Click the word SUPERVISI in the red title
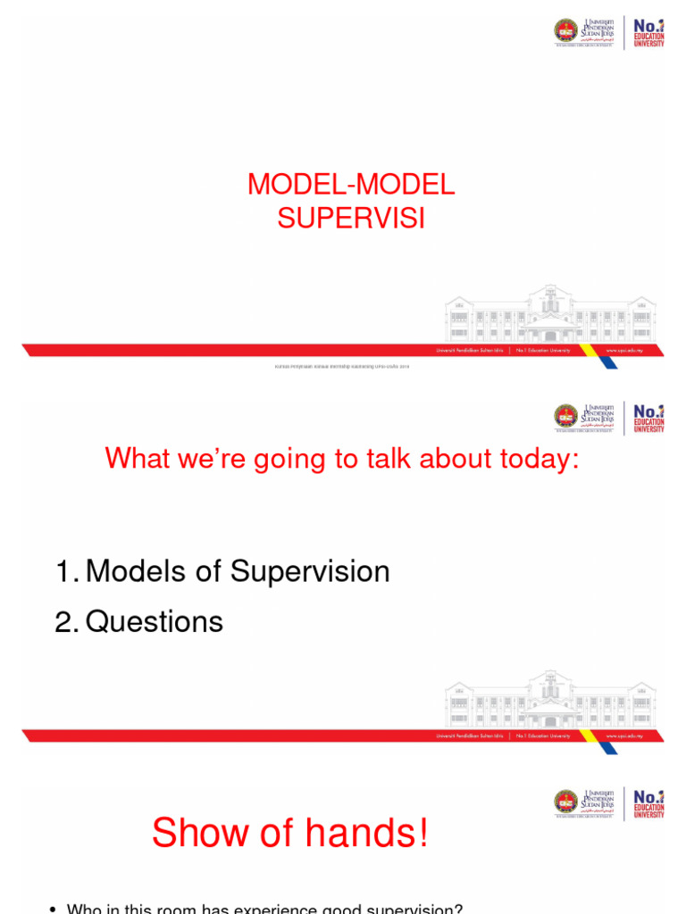350,219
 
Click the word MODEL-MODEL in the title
351,185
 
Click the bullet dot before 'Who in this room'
53,910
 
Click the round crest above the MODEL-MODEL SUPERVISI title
566,32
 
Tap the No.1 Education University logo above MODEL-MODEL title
649,32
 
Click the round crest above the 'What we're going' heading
566,417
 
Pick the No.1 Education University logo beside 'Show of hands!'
649,802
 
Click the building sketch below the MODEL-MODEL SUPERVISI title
550,314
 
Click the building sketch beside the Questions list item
550,700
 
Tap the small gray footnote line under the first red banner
342,366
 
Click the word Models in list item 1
138,571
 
